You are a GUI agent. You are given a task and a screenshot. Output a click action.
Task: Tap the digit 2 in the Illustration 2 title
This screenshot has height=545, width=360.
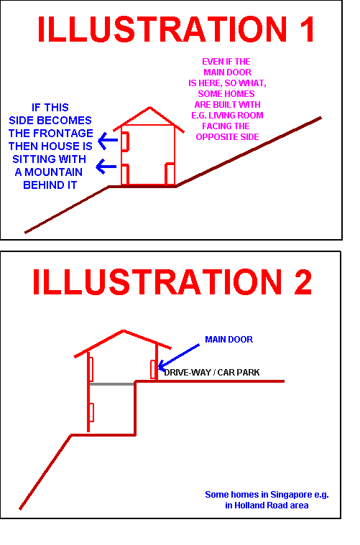(303, 282)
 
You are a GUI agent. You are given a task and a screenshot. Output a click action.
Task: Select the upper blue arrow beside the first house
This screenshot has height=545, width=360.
(108, 141)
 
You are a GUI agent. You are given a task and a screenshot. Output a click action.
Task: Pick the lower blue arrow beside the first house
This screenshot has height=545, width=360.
(106, 167)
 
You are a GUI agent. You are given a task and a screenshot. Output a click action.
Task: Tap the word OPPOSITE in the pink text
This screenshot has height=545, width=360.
(217, 137)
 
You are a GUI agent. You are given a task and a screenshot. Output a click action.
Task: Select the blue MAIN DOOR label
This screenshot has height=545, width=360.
(229, 339)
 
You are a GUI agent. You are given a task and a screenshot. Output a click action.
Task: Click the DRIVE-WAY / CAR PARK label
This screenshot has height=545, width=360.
(212, 372)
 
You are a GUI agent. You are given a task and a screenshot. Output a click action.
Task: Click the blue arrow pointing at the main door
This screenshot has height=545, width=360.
(179, 356)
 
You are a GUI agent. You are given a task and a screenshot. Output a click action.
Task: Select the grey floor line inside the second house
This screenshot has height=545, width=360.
(112, 384)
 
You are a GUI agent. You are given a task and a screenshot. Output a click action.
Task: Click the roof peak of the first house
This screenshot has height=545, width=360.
(150, 107)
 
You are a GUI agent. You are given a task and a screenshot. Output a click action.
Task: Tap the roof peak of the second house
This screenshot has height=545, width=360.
(124, 330)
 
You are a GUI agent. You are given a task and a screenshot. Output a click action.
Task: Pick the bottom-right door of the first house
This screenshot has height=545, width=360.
(170, 174)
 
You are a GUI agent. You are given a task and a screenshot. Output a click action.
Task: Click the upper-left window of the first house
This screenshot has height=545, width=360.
(125, 141)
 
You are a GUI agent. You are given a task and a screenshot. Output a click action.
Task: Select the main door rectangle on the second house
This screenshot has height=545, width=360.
(153, 369)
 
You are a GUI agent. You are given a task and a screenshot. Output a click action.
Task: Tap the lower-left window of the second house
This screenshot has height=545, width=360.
(91, 413)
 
